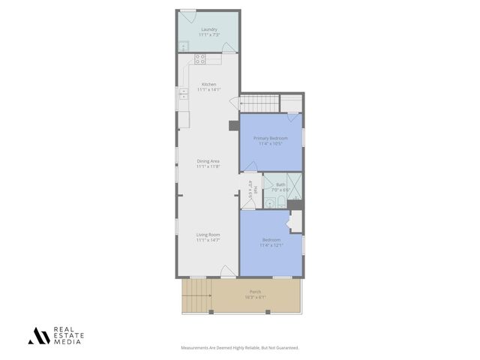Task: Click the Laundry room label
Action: click(208, 29)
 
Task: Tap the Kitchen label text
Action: click(208, 84)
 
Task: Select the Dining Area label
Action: click(208, 161)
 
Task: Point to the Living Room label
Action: click(208, 235)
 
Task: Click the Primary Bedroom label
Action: click(271, 139)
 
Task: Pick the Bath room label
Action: click(280, 184)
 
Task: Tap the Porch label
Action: click(256, 292)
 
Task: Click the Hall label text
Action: click(254, 189)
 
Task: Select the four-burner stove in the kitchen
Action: click(200, 58)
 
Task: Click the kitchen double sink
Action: click(183, 94)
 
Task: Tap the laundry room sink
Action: click(182, 46)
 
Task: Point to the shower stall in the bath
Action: click(295, 185)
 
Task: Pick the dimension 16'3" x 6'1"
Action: click(256, 297)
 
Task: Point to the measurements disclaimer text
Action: click(240, 347)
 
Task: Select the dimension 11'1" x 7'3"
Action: click(208, 35)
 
